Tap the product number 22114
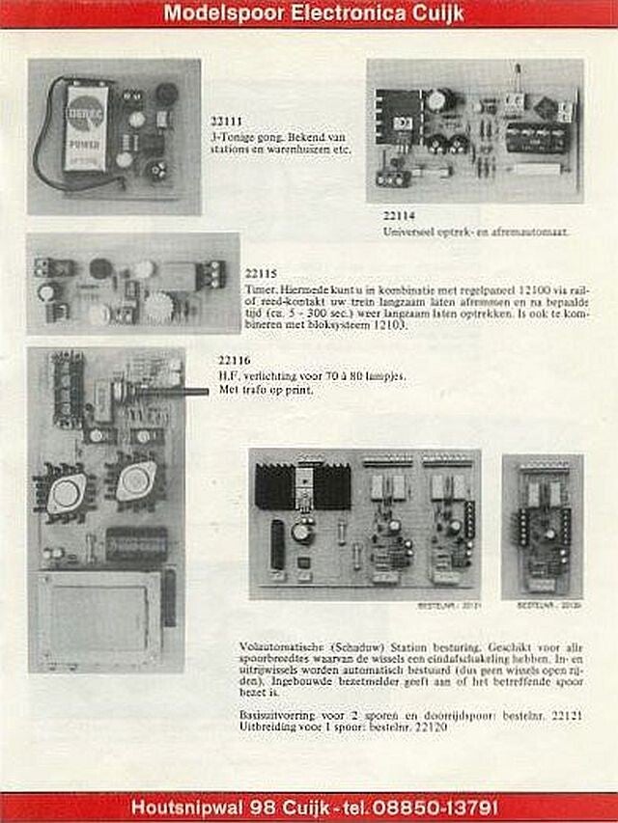(398, 216)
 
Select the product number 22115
(261, 274)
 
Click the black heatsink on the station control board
(301, 486)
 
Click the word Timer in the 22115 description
(259, 288)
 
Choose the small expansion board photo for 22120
(542, 527)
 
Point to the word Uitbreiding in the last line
(266, 726)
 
